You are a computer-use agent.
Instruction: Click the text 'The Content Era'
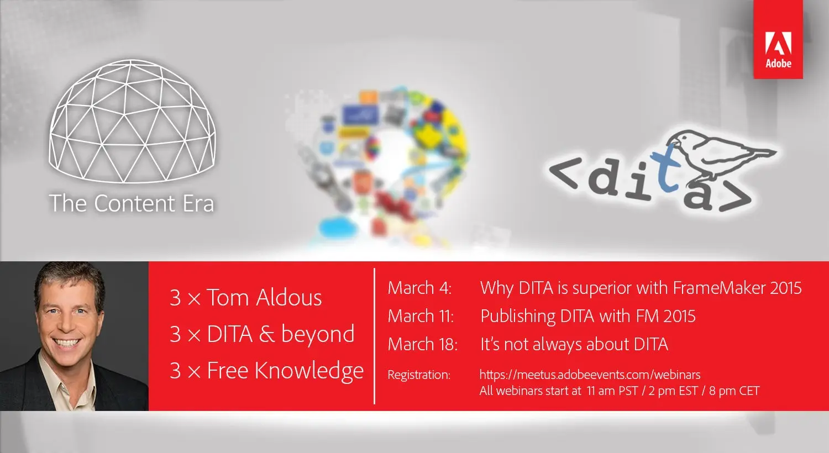132,203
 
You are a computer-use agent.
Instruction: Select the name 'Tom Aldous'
264,298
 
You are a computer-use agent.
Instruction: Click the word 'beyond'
318,335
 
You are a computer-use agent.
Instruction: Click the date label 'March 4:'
419,288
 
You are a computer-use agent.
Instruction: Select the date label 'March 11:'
421,316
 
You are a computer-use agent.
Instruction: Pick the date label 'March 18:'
423,344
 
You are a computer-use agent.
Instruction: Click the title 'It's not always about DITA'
574,344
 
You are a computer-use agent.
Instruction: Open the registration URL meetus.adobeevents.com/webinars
590,375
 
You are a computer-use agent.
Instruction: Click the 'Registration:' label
419,375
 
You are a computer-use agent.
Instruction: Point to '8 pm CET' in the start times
734,391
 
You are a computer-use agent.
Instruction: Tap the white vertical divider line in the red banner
375,336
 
